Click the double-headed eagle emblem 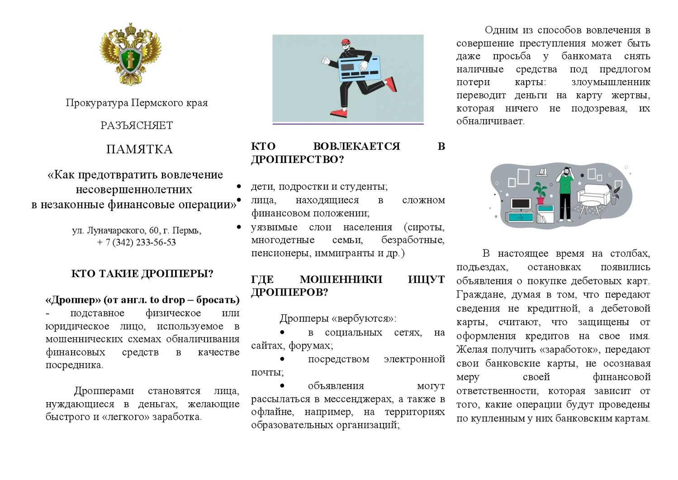130,54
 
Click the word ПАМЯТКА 139,149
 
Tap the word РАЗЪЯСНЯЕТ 137,125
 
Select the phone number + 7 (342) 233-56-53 136,242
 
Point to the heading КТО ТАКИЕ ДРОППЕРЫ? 142,274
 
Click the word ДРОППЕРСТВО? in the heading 298,159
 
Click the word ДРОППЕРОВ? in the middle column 289,292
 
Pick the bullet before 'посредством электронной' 282,359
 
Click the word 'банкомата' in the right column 586,56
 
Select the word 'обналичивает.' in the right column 490,121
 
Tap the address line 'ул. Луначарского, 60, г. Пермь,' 137,230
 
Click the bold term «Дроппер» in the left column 73,300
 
